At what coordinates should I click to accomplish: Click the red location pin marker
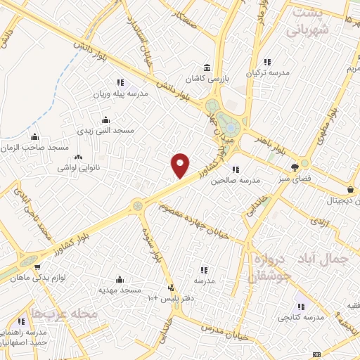point(181,165)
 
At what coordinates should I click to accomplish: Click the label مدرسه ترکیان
point(266,72)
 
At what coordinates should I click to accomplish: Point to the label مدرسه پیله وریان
point(120,93)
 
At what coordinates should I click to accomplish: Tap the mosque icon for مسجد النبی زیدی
point(105,119)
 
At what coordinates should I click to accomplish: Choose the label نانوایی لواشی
point(77,169)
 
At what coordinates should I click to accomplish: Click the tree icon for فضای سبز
point(295,167)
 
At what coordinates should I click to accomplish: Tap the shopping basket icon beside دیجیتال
point(350,190)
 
